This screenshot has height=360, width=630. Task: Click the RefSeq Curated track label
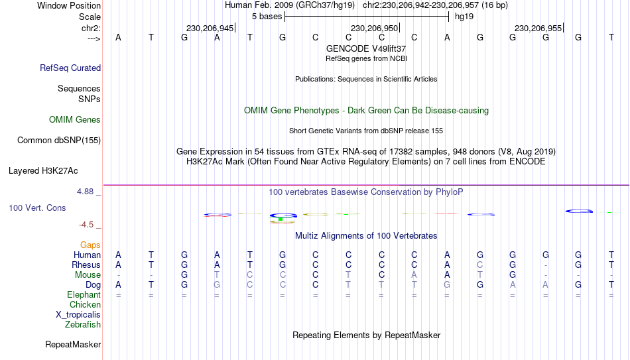[x=70, y=68]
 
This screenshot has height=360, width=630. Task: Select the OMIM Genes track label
[x=75, y=120]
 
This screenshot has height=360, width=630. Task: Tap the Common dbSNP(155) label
[x=59, y=141]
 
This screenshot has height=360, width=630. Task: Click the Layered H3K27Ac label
[x=43, y=171]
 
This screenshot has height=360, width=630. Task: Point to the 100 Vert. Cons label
[x=37, y=208]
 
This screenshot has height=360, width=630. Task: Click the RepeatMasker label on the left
[x=73, y=344]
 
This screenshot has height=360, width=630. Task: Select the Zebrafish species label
[x=83, y=324]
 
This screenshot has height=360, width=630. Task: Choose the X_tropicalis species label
[x=78, y=315]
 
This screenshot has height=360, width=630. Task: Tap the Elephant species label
[x=84, y=295]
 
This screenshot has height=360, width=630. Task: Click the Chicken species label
[x=85, y=304]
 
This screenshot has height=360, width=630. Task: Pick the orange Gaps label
[x=90, y=245]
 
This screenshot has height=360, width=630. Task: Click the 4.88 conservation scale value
[x=85, y=192]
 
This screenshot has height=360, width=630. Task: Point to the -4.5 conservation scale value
[x=86, y=225]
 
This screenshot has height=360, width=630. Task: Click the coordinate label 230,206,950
[x=374, y=28]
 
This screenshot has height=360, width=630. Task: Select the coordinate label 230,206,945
[x=210, y=28]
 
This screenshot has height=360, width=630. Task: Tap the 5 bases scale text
[x=267, y=17]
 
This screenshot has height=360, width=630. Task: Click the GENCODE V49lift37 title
[x=366, y=48]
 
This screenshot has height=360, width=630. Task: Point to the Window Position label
[x=69, y=5]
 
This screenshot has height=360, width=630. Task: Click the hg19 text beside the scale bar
[x=464, y=17]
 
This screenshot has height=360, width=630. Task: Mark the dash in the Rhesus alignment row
[x=545, y=265]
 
